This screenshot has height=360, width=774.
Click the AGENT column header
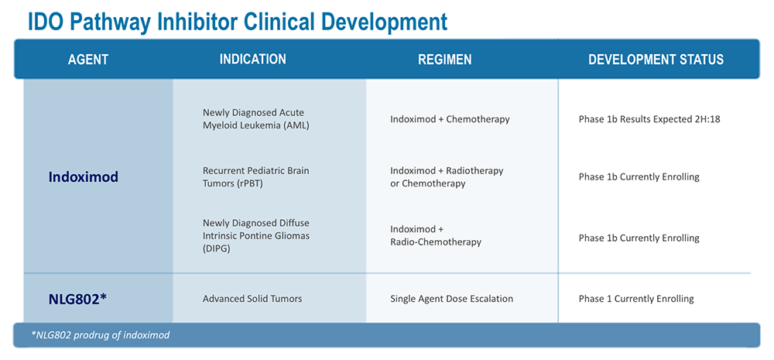point(88,60)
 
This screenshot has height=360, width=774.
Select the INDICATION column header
point(253,60)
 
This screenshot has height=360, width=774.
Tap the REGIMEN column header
point(445,60)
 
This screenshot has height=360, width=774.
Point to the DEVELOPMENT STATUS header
point(656,60)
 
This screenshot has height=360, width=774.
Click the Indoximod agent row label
point(84,177)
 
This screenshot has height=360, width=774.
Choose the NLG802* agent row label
point(77,299)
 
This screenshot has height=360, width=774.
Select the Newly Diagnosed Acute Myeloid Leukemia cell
point(256,119)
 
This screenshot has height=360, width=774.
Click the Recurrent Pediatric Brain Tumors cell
point(256,177)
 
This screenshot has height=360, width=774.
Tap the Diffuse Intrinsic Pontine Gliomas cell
point(256,236)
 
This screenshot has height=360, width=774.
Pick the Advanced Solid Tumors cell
point(252,299)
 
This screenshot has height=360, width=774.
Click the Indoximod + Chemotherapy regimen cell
point(450,119)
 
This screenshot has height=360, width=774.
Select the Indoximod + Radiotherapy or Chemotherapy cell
point(447,177)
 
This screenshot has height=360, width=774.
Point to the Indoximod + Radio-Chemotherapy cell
point(435,235)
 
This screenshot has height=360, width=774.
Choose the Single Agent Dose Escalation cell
point(452,299)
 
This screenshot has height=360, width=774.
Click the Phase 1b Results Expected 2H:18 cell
point(649,119)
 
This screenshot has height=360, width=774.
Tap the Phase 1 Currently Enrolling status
point(636,299)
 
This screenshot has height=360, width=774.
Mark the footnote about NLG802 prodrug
point(100,335)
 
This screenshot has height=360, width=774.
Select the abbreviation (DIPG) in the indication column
point(216,249)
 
